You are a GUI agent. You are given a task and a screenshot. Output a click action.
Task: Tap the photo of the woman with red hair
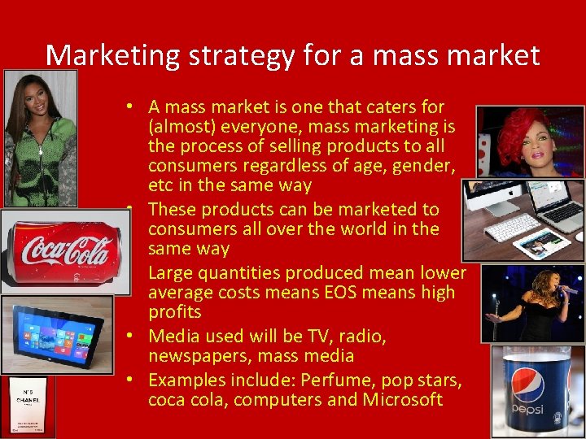528,141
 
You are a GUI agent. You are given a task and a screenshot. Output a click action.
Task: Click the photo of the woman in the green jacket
40,138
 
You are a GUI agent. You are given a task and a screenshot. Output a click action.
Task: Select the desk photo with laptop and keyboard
523,220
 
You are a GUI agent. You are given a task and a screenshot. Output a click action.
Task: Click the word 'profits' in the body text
174,312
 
